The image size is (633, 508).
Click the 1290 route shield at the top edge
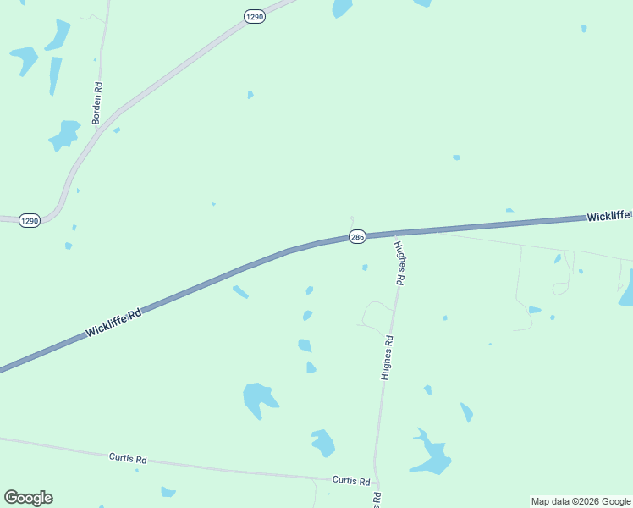pos(255,16)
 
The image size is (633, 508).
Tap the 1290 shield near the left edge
pos(30,220)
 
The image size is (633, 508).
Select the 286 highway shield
pos(357,237)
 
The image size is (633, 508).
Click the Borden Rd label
pos(98,103)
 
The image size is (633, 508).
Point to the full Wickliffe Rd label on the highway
pos(113,323)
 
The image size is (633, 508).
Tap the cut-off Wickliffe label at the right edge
pos(608,217)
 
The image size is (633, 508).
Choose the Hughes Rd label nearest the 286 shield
pos(400,260)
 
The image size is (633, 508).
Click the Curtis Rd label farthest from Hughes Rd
pos(128,458)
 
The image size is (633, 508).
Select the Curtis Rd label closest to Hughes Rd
pos(351,480)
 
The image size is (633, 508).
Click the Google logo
pos(28,498)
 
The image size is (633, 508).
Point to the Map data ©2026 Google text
pos(581,501)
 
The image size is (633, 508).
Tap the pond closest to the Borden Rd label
pos(64,135)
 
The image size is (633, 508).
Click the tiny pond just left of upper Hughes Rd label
pos(365,268)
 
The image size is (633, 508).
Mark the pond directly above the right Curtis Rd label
pos(323,442)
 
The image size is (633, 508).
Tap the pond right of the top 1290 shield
pos(342,8)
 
